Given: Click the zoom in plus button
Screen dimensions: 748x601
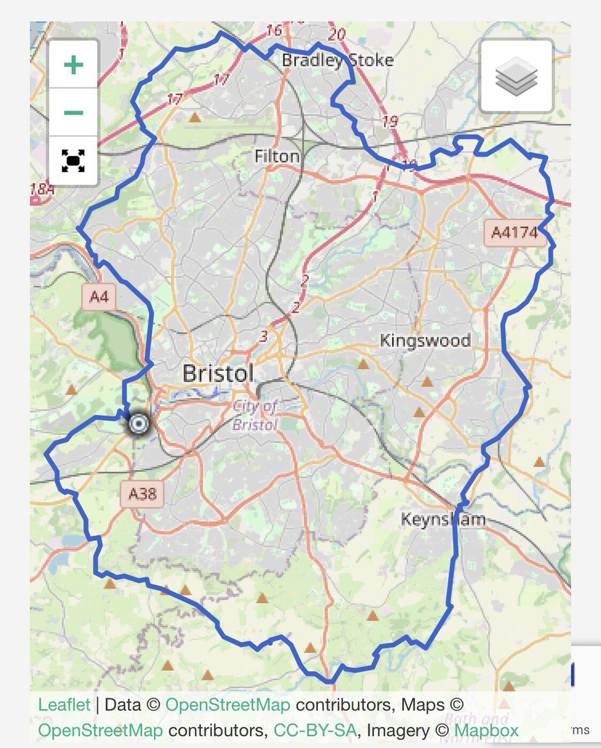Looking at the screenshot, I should [74, 65].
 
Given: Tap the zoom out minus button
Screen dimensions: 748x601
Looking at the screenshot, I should [74, 113].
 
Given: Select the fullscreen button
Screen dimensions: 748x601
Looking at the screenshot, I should [74, 161].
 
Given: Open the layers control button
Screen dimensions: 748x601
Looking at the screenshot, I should [516, 76].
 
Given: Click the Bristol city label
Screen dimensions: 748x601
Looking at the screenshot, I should [218, 373].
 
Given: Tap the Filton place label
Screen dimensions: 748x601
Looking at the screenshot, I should [277, 156].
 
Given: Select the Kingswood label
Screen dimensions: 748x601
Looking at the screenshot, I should [425, 341].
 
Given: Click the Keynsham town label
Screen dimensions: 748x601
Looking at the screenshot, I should [443, 519].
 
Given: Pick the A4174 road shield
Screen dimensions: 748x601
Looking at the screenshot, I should [514, 233].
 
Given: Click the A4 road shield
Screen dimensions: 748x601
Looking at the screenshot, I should [99, 297].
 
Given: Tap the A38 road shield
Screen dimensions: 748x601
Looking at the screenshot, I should [142, 494].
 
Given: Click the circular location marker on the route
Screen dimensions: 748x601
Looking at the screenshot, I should [138, 424].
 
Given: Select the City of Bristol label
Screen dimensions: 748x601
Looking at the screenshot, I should [254, 416].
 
